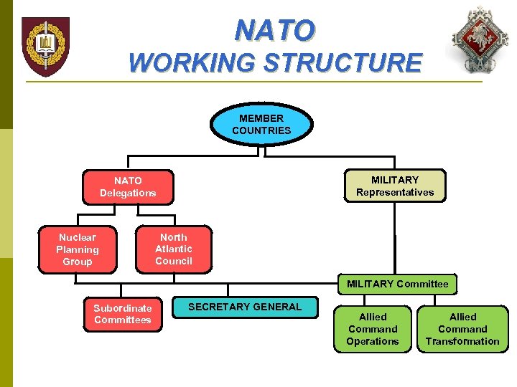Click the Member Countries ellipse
tap(261, 124)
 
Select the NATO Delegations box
tap(128, 187)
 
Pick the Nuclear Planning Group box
tap(77, 249)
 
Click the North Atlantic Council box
tap(174, 249)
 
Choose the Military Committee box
tap(397, 284)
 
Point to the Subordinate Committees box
tap(122, 314)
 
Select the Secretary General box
tap(245, 307)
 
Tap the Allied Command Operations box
tap(372, 329)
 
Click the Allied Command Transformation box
tap(462, 329)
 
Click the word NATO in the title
tap(274, 31)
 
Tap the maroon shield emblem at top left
tap(45, 47)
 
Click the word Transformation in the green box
tap(462, 341)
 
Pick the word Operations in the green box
tap(372, 341)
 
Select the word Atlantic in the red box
tap(174, 249)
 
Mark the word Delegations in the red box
tap(128, 193)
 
